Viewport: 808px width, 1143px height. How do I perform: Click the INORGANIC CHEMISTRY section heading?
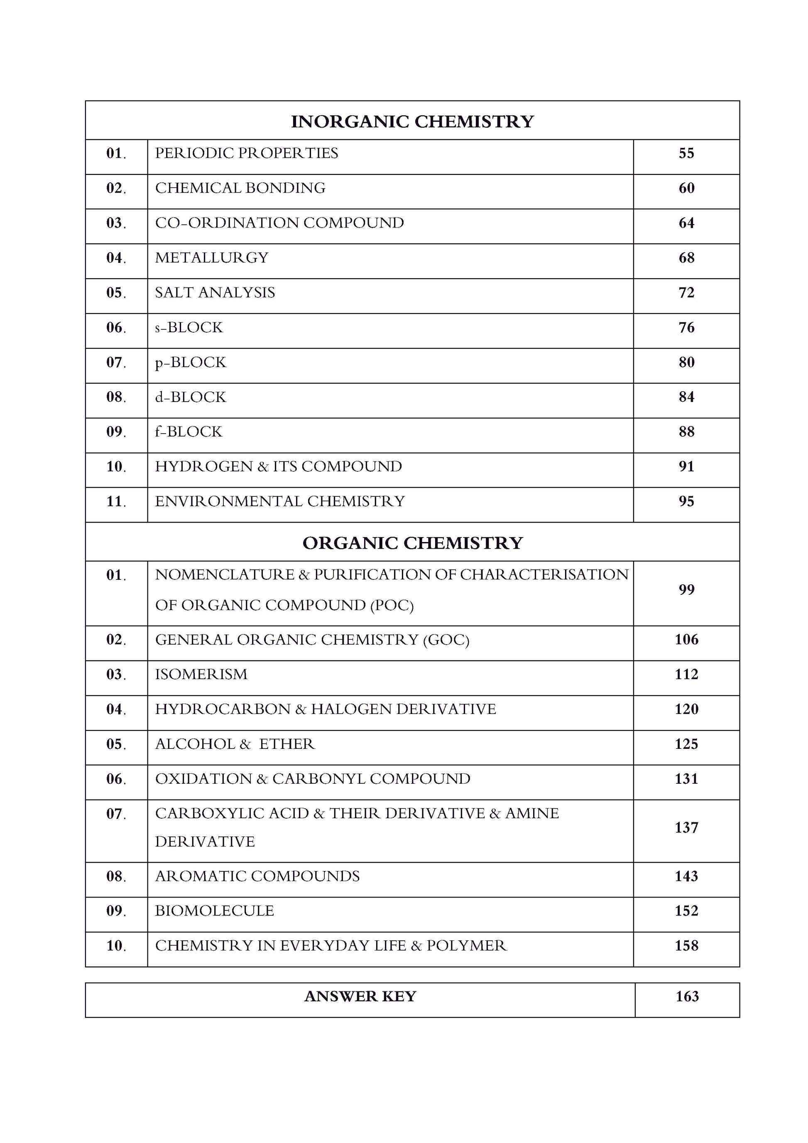(x=412, y=121)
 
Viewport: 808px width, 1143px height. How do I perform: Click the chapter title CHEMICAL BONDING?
(x=240, y=188)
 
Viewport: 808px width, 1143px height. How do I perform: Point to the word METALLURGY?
(x=211, y=258)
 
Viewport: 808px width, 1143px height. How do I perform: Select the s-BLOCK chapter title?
(x=189, y=328)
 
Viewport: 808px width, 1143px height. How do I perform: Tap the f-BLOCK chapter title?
(x=189, y=432)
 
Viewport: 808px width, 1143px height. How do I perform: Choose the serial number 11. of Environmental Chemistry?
(x=116, y=501)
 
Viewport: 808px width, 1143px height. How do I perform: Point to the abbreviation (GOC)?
(x=446, y=640)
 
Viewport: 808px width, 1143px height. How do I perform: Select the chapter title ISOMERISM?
(x=201, y=675)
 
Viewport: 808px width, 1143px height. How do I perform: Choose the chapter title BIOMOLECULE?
(x=214, y=911)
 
